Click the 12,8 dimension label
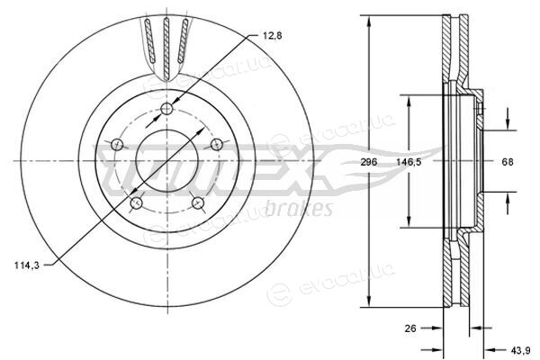pos(272,35)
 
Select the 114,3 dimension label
pos(27,265)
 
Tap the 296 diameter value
pos(369,162)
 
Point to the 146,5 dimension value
pos(409,162)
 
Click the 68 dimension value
pos(508,162)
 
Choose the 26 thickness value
pos(410,328)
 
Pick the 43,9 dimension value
pos(520,350)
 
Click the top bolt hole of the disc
pos(167,109)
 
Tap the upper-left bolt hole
pos(117,144)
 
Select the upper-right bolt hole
pos(217,144)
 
